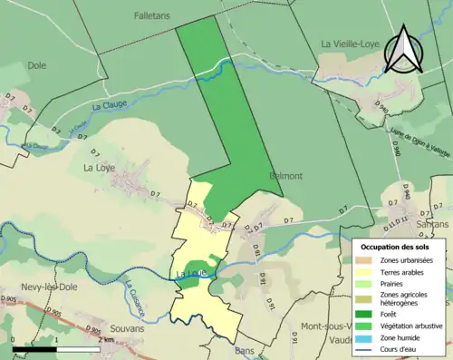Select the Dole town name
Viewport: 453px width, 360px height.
36,65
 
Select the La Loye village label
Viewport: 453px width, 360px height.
101,167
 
